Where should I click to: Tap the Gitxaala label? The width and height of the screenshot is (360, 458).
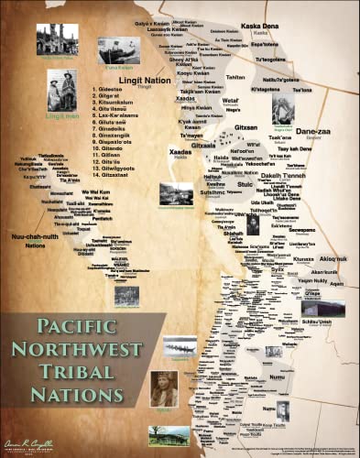click(x=205, y=145)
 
